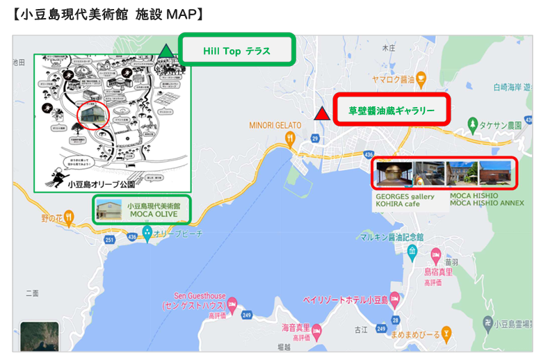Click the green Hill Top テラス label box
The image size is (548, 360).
coord(236,51)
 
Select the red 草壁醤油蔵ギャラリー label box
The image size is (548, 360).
coord(392,110)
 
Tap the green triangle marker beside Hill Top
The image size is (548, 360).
coord(166,51)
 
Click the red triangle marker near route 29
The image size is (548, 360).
coord(321,114)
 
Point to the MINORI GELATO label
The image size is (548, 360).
coord(275,125)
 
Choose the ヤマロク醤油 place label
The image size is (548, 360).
coord(393,80)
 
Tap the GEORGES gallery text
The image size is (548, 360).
coord(405,197)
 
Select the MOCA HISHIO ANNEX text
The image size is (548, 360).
coord(487,204)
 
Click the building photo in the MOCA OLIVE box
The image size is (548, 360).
coord(110,210)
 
